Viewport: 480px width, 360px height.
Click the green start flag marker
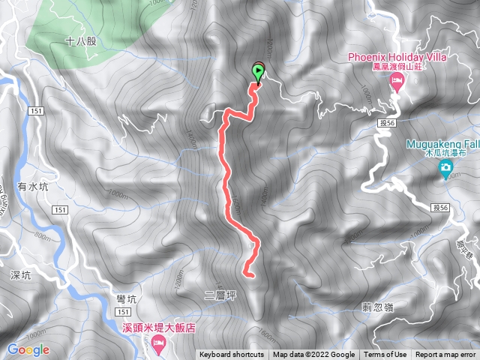259,73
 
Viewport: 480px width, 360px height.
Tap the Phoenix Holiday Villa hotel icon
397,84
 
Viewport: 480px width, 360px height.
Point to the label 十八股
81,43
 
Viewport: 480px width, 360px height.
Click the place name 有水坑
33,187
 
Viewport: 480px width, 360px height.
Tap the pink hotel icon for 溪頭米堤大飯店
158,343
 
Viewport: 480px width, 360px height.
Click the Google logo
28,349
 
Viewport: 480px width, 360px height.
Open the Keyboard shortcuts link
231,355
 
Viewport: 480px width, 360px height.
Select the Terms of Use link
387,355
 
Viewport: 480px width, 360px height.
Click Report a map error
445,355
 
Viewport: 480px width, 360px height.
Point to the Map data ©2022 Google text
313,355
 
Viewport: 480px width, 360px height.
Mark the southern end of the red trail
247,274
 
